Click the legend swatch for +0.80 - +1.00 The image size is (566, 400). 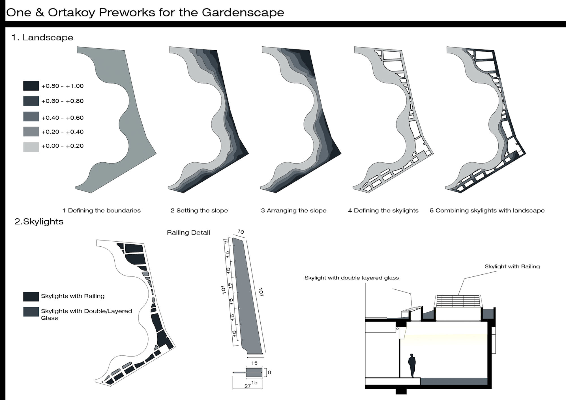[x=31, y=86]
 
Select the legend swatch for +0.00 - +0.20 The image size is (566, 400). [x=31, y=147]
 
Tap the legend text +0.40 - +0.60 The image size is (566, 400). [x=63, y=118]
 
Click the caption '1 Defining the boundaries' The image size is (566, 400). [x=102, y=210]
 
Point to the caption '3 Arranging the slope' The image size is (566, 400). [x=294, y=210]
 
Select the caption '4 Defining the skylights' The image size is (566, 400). [x=383, y=210]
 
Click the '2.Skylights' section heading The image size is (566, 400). [x=39, y=221]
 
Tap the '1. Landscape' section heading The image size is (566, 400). [x=42, y=37]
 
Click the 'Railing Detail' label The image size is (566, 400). [x=188, y=233]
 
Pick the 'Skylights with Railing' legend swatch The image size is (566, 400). [x=31, y=296]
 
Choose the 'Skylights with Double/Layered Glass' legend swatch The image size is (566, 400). [x=31, y=312]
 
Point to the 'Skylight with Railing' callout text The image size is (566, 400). [x=512, y=266]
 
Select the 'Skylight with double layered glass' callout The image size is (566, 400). [x=351, y=278]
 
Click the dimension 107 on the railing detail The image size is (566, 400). [x=261, y=292]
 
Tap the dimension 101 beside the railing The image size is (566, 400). [x=223, y=290]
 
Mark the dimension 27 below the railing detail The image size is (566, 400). [x=248, y=386]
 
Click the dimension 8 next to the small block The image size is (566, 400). [x=269, y=372]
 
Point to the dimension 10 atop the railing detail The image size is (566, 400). [x=241, y=232]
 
